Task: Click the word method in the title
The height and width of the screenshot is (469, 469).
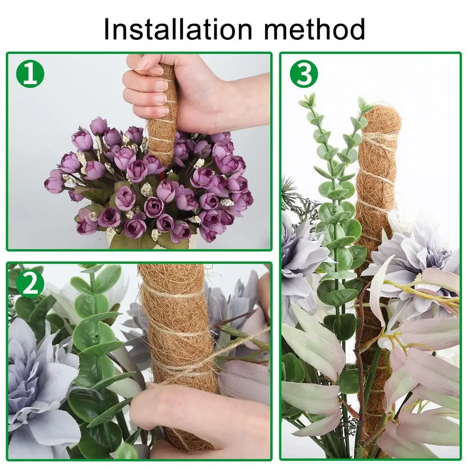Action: (314, 29)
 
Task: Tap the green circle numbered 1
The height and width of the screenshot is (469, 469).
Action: (30, 74)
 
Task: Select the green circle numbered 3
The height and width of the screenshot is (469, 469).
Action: (303, 74)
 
